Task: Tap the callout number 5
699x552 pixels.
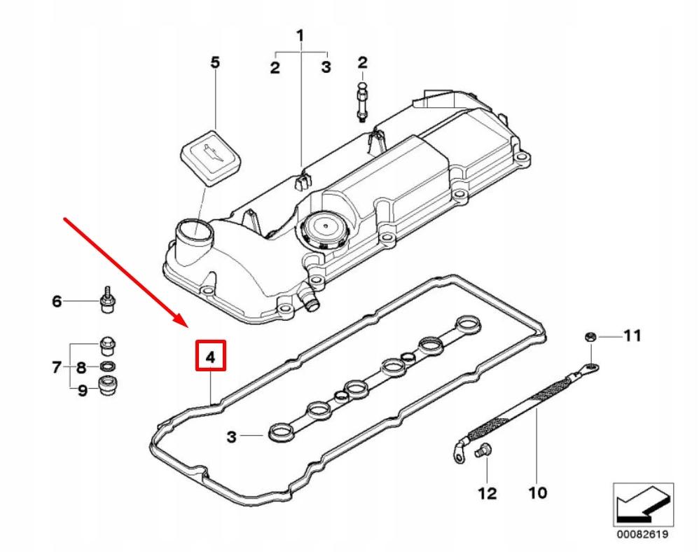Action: [x=215, y=63]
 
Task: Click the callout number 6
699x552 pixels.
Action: [x=57, y=302]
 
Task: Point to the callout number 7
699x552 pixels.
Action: [x=57, y=367]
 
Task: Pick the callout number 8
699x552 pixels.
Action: [x=81, y=367]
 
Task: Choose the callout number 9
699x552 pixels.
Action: [x=82, y=390]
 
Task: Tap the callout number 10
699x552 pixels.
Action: [x=537, y=493]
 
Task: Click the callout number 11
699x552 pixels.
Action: [x=632, y=336]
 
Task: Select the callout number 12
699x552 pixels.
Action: [x=487, y=493]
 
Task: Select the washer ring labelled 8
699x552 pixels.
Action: [x=109, y=367]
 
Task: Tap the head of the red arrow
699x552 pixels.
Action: [x=185, y=326]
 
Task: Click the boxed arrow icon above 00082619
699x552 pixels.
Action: [x=643, y=503]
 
